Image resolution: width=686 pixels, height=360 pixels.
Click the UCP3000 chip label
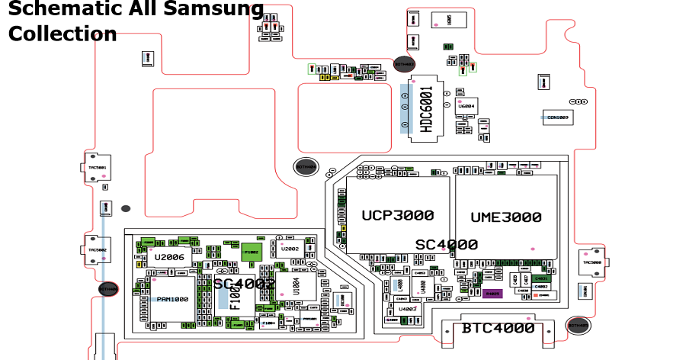click(397, 216)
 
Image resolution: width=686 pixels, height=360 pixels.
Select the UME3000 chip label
click(505, 217)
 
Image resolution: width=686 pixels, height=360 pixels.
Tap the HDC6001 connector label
click(427, 109)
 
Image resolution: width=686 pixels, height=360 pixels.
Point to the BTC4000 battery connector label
click(498, 329)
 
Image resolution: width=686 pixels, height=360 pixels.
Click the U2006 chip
click(169, 258)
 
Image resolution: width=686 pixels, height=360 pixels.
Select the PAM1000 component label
click(172, 299)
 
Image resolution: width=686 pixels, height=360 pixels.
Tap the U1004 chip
click(295, 286)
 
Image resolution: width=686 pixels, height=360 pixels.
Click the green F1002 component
click(252, 252)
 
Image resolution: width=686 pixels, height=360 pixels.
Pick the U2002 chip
click(290, 249)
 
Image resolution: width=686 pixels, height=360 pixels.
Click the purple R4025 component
click(492, 294)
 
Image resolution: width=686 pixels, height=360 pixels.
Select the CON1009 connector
click(558, 117)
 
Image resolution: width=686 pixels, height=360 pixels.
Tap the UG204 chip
click(466, 106)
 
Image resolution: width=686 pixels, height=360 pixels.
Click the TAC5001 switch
click(96, 166)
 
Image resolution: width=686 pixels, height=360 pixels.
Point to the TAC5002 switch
click(96, 249)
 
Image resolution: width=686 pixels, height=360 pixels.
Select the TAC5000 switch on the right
click(592, 262)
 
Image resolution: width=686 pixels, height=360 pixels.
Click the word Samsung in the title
click(214, 10)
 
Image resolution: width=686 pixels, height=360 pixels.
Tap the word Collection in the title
click(63, 34)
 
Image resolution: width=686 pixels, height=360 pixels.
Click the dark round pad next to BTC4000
click(578, 326)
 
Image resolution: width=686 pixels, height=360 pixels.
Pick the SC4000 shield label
click(446, 245)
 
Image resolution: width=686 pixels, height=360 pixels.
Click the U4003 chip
click(407, 309)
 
